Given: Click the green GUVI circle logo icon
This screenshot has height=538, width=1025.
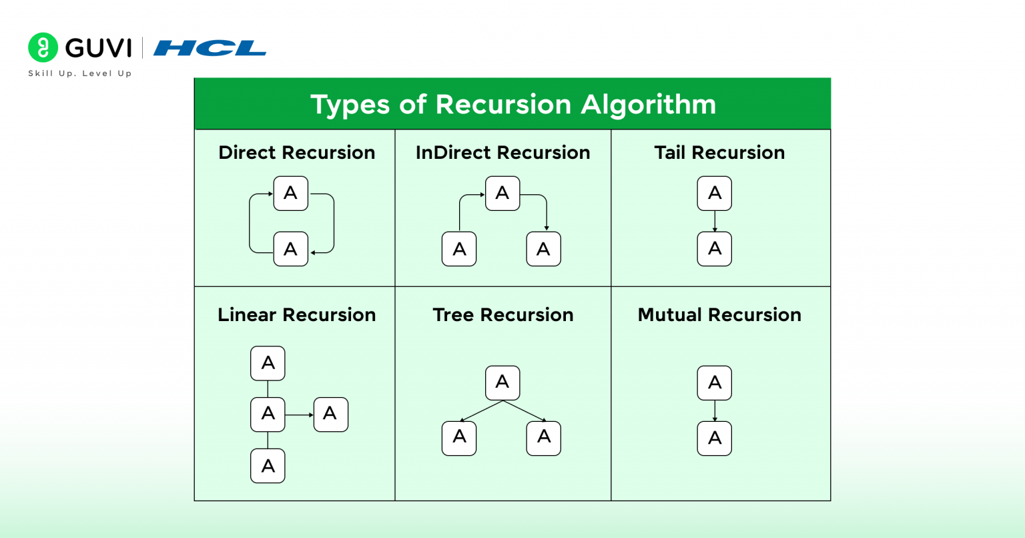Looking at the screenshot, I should point(43,47).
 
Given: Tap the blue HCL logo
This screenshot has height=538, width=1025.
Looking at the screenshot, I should point(210,48).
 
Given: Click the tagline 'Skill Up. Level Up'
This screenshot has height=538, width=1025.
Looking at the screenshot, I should point(79,73).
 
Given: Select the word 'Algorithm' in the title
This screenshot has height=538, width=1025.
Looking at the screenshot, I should point(648,105).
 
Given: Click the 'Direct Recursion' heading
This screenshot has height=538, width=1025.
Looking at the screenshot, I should point(296,153).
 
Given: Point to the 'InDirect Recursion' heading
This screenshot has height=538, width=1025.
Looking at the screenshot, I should point(502,153).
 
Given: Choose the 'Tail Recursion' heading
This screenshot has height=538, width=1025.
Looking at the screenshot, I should point(719,153).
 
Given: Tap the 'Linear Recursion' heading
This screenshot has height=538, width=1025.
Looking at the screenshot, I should point(296,315).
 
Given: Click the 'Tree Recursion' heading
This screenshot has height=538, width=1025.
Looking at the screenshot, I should point(502,315).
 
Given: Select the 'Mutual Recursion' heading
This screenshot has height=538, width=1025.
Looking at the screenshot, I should point(719,315).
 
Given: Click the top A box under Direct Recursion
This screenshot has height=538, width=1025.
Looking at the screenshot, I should point(291,194).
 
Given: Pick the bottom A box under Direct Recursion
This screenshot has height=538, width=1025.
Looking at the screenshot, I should point(291,249).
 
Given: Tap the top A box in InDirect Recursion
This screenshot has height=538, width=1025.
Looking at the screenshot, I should point(502,194).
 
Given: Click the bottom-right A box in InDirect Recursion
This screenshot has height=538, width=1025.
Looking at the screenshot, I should point(543,249).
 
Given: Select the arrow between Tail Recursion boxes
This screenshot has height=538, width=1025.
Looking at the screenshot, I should point(715,221).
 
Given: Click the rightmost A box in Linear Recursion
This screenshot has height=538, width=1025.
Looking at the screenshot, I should point(330,415).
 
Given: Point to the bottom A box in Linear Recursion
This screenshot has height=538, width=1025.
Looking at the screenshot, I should point(268,466).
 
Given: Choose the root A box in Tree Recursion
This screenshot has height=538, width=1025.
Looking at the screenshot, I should point(502,382).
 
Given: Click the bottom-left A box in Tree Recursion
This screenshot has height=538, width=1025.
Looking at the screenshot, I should point(459,438).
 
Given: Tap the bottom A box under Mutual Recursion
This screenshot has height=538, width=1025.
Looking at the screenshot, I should point(715,439).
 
